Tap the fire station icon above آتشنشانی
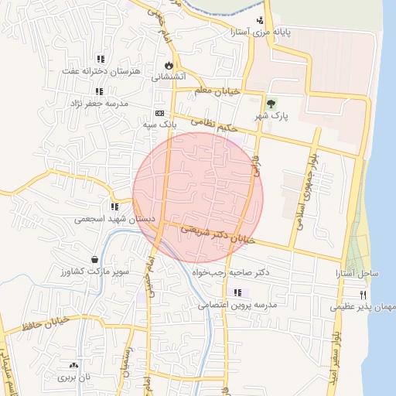pos(169,65)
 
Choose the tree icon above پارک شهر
pos(270,104)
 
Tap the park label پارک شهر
pos(271,116)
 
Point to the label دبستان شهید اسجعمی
pos(114,219)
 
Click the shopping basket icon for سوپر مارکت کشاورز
pos(94,260)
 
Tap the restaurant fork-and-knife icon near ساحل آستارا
pos(363,295)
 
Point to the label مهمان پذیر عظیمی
pos(364,307)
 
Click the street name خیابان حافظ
pos(47,324)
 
